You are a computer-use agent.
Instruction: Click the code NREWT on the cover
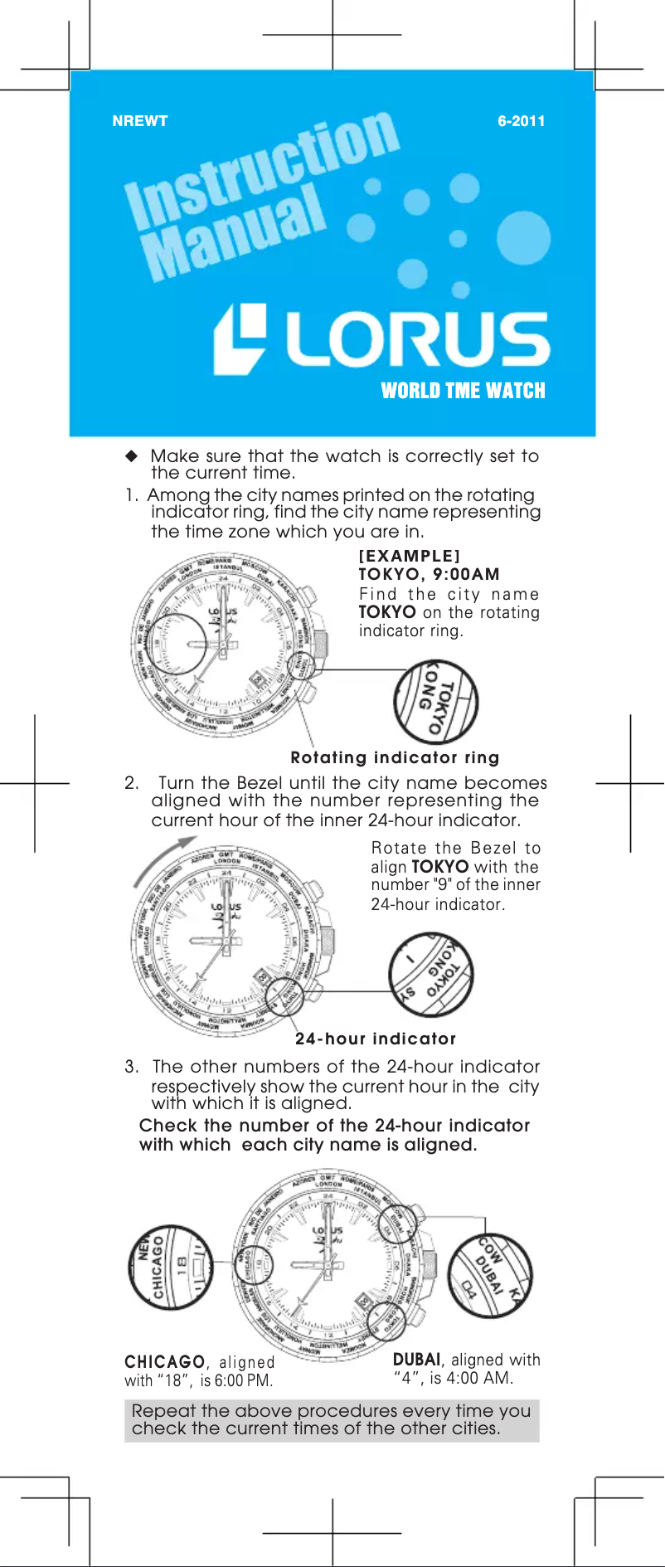[139, 121]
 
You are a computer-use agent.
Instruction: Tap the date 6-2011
[521, 121]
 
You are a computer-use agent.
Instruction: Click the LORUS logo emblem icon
[240, 338]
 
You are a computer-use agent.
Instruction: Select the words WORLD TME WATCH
[463, 391]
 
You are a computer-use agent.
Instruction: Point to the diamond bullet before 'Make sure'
[131, 455]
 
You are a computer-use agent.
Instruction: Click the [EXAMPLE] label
[409, 556]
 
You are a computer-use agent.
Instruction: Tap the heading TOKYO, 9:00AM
[429, 574]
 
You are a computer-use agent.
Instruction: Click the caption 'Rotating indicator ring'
[395, 757]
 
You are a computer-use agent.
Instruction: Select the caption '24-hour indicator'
[376, 1039]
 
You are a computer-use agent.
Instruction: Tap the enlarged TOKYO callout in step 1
[435, 701]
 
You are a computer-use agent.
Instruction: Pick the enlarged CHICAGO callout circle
[171, 1267]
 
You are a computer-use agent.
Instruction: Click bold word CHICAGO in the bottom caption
[164, 1362]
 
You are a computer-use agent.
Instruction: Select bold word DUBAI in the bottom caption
[416, 1360]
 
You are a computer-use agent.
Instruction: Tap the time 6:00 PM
[243, 1381]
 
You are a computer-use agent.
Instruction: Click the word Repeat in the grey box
[163, 1410]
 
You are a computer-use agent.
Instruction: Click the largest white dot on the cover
[523, 238]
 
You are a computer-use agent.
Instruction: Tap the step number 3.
[131, 1067]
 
